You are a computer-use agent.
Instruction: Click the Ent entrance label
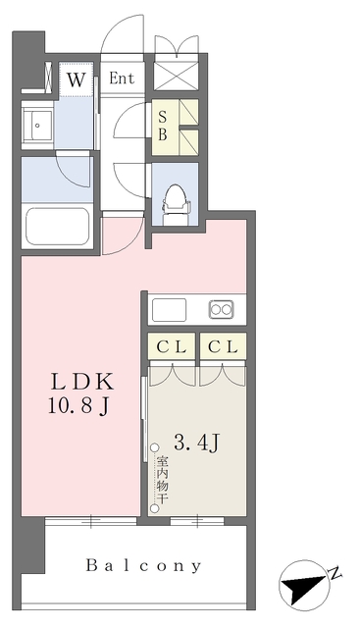122,78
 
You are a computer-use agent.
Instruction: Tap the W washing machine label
77,79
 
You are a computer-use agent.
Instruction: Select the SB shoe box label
162,126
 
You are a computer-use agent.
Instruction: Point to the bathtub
57,227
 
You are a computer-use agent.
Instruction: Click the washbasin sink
37,126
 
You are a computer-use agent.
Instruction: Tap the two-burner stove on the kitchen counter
221,309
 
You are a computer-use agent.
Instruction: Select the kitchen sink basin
169,310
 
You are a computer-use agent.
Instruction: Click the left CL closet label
172,347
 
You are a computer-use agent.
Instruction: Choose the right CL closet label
223,347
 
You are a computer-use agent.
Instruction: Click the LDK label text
81,383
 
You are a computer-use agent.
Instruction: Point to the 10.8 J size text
78,406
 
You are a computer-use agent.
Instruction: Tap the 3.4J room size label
196,443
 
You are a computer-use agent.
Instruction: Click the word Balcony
144,565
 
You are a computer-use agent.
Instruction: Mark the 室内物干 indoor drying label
162,480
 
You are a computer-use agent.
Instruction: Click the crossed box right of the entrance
177,76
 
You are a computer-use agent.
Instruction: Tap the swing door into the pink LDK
123,234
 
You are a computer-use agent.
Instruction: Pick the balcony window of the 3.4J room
197,521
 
